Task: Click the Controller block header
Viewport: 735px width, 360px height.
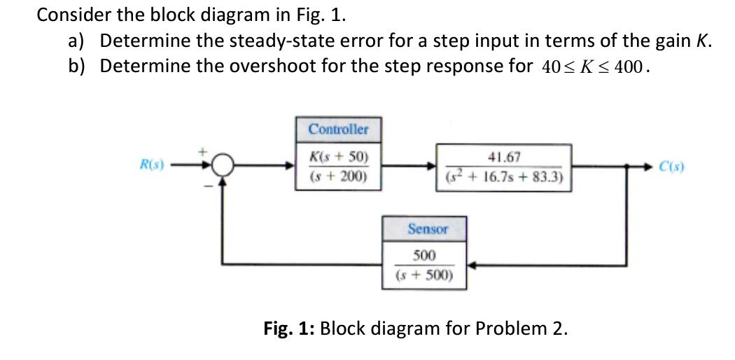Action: tap(338, 130)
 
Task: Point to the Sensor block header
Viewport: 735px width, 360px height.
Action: tap(428, 229)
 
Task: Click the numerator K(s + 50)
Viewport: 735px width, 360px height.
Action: tap(338, 156)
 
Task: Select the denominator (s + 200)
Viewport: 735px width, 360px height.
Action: tap(338, 176)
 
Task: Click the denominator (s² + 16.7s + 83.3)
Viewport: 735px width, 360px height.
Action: tap(506, 176)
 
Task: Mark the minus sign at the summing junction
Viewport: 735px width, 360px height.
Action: tap(208, 185)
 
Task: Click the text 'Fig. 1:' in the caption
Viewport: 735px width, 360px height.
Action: tap(289, 328)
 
